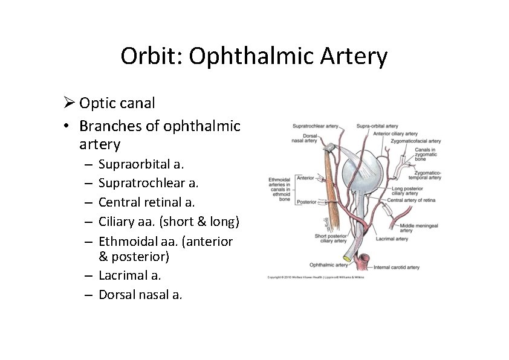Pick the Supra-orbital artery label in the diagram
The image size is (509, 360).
[377, 126]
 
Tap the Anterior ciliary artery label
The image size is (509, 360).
[395, 133]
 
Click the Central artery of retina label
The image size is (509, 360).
[412, 200]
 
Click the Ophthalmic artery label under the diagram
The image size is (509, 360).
[328, 265]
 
